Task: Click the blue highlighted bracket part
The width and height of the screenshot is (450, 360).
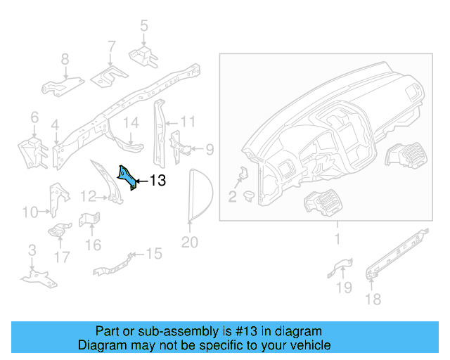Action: point(127,177)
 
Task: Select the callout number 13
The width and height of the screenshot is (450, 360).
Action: point(157,181)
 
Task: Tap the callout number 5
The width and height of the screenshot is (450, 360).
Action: point(143,27)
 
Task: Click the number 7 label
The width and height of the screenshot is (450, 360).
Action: point(111,47)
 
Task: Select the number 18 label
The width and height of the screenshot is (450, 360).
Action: point(373,300)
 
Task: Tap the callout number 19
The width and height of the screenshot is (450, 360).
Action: point(343,287)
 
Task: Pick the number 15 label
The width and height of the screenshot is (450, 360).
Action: point(153,253)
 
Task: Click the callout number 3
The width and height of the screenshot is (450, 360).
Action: point(32,251)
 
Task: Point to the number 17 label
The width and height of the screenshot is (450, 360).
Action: point(62,257)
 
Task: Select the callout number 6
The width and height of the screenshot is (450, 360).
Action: point(34,118)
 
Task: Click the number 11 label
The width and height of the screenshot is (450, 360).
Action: point(187,122)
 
